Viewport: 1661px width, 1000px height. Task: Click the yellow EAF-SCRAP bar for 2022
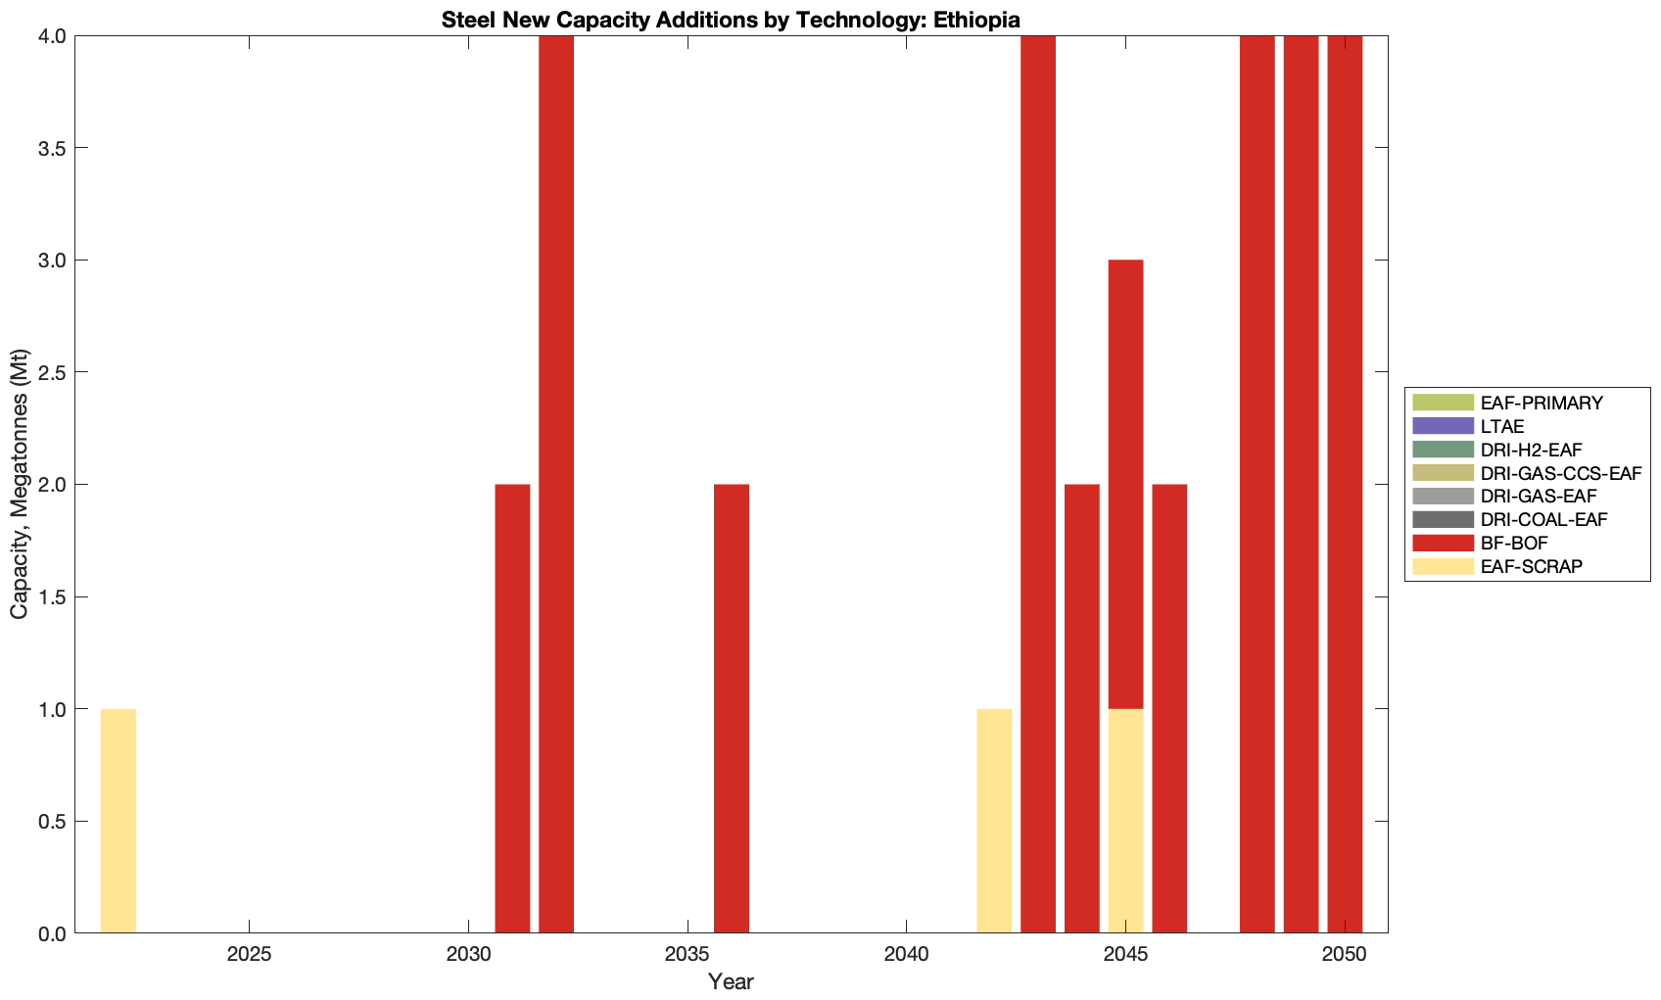[118, 821]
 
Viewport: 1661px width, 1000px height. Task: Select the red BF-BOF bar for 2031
[512, 708]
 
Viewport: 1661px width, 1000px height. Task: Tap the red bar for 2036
[732, 708]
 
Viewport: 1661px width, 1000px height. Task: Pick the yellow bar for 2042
[994, 821]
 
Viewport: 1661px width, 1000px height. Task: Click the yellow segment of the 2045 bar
[1125, 821]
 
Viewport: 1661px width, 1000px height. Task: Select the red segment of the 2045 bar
[1125, 484]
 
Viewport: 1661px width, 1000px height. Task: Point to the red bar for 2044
[1082, 708]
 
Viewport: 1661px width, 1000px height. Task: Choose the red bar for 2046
[1169, 708]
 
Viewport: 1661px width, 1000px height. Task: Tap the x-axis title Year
[731, 981]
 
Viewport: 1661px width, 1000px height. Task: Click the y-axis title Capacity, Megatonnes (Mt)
[20, 484]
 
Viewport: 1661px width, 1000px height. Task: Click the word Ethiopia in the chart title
[980, 20]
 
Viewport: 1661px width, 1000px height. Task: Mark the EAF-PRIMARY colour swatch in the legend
[1443, 403]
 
